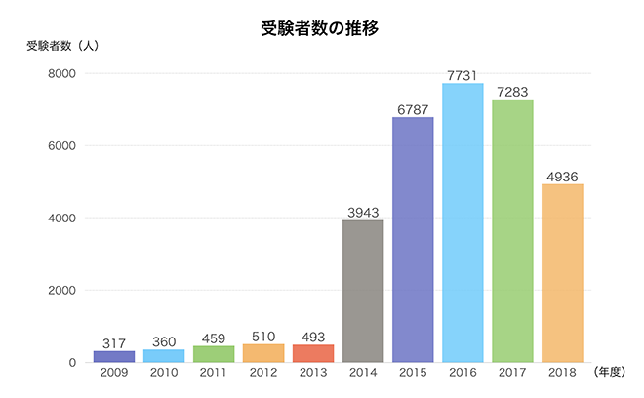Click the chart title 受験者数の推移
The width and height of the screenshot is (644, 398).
click(319, 27)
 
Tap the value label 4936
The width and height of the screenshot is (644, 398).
click(562, 176)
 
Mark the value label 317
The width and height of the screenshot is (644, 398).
click(114, 342)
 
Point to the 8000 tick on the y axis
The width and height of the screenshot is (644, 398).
click(61, 74)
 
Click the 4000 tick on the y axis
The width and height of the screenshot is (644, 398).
click(61, 219)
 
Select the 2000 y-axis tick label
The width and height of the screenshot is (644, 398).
click(61, 291)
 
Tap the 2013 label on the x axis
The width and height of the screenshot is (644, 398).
click(313, 374)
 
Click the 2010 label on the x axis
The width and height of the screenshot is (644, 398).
click(164, 374)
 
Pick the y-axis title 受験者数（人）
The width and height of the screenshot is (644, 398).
click(61, 46)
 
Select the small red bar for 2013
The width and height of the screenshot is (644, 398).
click(313, 353)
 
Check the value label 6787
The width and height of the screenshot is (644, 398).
click(413, 109)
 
